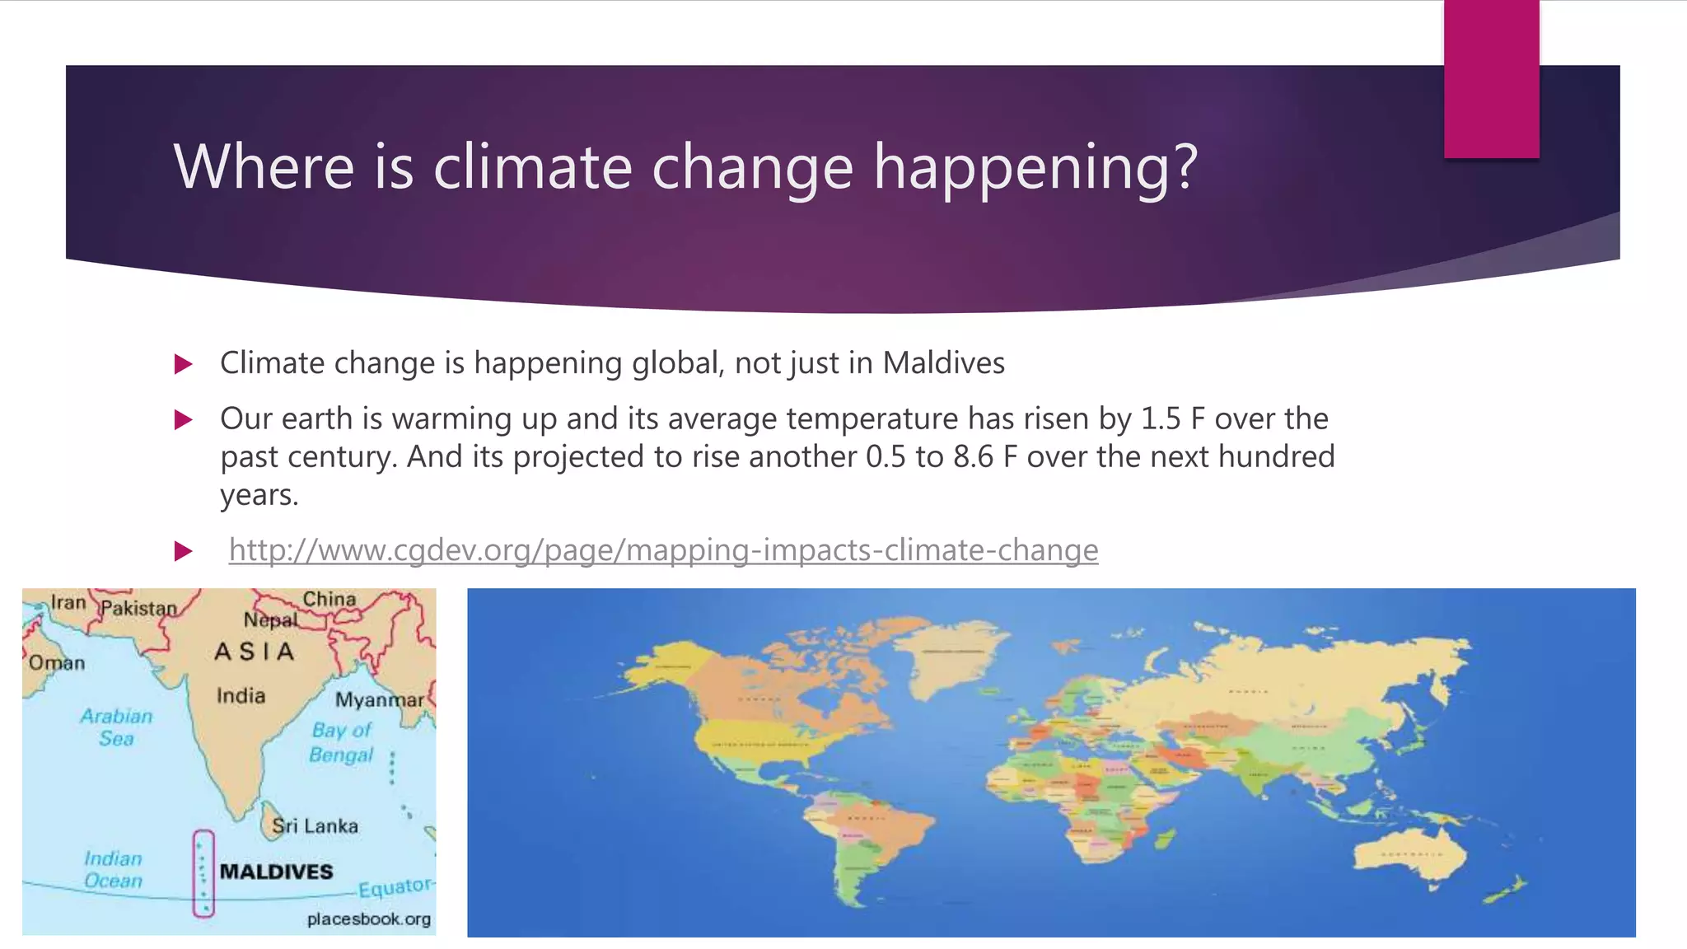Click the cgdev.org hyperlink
663,550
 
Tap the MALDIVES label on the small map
276,872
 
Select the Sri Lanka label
315,826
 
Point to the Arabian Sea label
116,727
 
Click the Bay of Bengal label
341,742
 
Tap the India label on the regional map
241,696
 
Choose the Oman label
57,663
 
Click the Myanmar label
379,700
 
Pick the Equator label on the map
394,888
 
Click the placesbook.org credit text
368,919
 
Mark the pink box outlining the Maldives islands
203,873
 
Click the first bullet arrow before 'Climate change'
184,364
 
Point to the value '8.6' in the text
973,457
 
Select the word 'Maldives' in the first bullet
943,363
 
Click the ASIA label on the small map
254,652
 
